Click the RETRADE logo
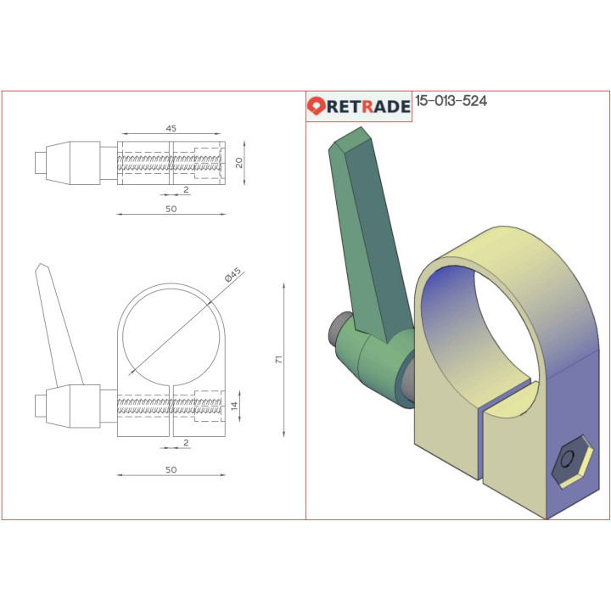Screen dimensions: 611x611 pos(359,106)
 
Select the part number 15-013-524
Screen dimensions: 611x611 pos(451,102)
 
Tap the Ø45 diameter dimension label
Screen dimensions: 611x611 pos(233,277)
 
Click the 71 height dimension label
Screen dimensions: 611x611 pos(278,360)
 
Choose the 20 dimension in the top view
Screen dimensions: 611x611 pos(239,161)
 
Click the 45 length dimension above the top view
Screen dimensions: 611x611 pos(171,128)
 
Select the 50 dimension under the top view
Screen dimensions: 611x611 pos(171,209)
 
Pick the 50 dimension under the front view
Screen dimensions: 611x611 pos(171,469)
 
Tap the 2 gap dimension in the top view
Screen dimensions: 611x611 pos(186,190)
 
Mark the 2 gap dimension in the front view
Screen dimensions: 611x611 pos(186,442)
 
